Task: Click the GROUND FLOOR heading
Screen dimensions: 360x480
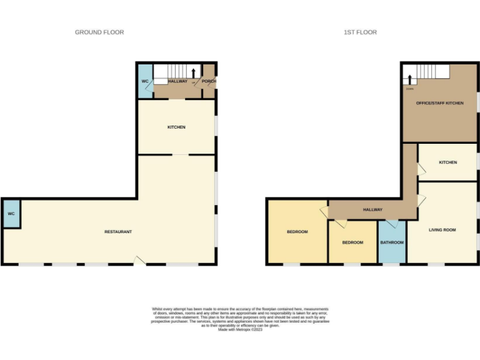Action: click(x=99, y=32)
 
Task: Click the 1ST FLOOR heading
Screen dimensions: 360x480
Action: click(x=360, y=32)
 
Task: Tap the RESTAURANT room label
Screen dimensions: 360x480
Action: click(x=118, y=232)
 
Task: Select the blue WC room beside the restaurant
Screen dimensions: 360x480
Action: click(x=11, y=214)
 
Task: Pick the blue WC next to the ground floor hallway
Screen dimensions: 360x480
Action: click(x=144, y=81)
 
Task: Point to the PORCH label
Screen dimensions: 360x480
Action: click(x=209, y=81)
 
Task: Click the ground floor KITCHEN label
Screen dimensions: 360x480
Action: click(x=176, y=127)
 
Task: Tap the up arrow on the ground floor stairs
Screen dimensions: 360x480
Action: click(x=194, y=72)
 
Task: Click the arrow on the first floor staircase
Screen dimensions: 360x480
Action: click(x=410, y=79)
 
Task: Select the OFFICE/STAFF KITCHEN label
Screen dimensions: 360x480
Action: click(x=440, y=103)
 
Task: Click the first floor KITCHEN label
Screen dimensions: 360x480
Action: click(x=447, y=162)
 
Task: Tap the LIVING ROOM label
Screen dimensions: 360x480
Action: click(x=442, y=230)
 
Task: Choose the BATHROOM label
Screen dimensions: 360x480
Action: click(x=392, y=242)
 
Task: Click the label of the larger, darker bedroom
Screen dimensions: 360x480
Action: click(x=297, y=232)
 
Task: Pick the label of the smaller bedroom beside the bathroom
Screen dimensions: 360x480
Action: click(x=352, y=242)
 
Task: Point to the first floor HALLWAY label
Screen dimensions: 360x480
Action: click(x=372, y=210)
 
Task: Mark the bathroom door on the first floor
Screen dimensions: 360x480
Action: click(x=392, y=223)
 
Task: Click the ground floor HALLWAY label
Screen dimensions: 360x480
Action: click(x=177, y=81)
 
